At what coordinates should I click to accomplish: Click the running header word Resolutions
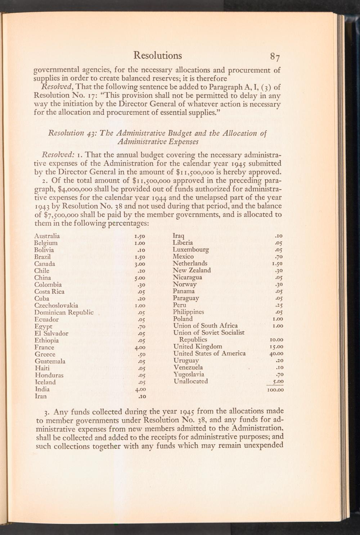pyautogui.click(x=157, y=55)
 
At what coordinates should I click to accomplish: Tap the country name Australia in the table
pyautogui.click(x=47, y=236)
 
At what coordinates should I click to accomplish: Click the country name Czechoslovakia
pyautogui.click(x=56, y=306)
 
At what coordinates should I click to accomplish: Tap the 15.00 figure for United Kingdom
pyautogui.click(x=277, y=347)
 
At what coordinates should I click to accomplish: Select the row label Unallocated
pyautogui.click(x=190, y=381)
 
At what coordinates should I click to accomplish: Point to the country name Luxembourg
pyautogui.click(x=191, y=249)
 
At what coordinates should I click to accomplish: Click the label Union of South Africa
pyautogui.click(x=205, y=326)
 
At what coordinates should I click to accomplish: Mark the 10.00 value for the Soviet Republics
pyautogui.click(x=277, y=340)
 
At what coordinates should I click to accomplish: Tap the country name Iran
pyautogui.click(x=40, y=396)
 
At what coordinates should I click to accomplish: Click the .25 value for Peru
pyautogui.click(x=279, y=305)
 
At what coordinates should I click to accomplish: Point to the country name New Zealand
pyautogui.click(x=192, y=270)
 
